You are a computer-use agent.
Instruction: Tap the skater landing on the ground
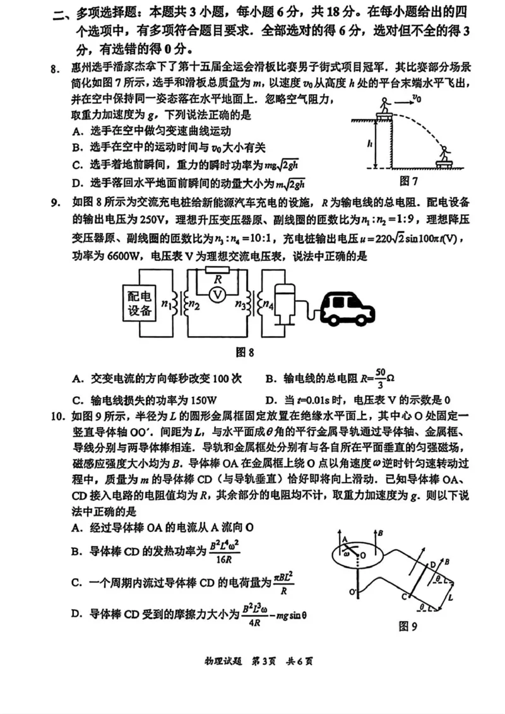coord(446,155)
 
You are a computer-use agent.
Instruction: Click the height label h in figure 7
coord(369,143)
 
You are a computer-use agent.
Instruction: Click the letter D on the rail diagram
coord(433,564)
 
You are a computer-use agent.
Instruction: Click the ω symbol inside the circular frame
coord(346,552)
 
